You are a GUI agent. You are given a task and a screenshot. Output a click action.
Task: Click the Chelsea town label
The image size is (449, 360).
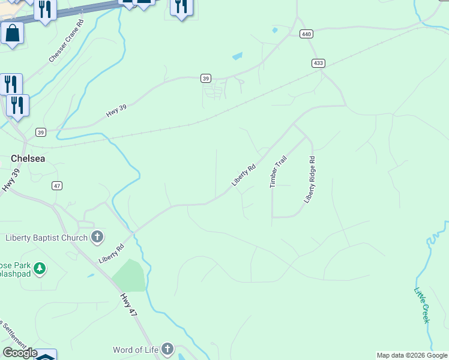(x=29, y=158)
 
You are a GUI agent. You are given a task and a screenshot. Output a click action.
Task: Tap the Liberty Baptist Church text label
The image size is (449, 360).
(x=46, y=238)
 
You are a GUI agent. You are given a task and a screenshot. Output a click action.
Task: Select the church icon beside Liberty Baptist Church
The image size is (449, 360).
(x=97, y=237)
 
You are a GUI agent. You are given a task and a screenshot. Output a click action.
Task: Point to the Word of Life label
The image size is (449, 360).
(x=135, y=349)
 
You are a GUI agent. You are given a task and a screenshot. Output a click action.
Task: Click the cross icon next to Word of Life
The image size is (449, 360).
(x=167, y=349)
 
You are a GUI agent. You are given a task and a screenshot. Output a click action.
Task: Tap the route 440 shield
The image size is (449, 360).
(x=307, y=34)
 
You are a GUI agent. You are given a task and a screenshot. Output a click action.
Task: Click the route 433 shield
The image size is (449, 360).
(x=319, y=63)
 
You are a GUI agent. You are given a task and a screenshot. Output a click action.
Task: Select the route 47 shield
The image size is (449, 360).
(x=57, y=186)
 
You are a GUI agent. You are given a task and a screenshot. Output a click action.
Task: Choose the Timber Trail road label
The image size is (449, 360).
(x=279, y=172)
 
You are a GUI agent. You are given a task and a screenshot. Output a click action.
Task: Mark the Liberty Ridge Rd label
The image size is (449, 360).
(x=309, y=180)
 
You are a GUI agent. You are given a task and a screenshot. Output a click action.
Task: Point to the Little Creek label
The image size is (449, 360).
(x=423, y=305)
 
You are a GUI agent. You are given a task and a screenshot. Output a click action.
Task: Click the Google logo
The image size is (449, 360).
(x=20, y=353)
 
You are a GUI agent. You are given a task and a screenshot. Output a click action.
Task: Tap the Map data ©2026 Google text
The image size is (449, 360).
(x=412, y=355)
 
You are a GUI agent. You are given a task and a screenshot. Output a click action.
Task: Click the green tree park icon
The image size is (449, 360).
(x=40, y=268)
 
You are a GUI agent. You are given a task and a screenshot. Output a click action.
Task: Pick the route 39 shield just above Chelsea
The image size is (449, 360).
(x=40, y=132)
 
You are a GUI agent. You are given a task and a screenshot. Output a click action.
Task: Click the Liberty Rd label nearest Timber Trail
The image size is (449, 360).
(x=244, y=175)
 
